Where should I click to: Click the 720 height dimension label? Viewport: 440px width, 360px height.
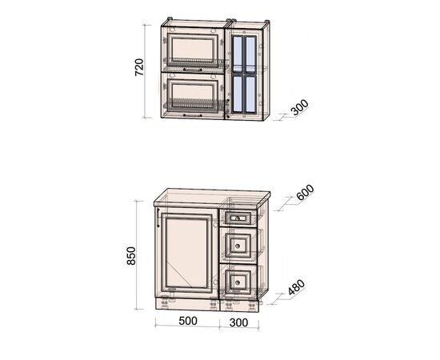(x=139, y=67)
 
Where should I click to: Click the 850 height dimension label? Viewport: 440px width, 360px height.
(x=131, y=256)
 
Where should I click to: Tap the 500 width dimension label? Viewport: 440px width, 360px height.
(x=188, y=321)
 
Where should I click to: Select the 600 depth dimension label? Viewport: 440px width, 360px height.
(x=305, y=192)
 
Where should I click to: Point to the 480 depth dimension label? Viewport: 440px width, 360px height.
(x=296, y=287)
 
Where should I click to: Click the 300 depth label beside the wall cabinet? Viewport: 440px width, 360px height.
(x=300, y=107)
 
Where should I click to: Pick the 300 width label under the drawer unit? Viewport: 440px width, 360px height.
(x=239, y=322)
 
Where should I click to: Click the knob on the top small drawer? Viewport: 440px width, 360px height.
(x=238, y=218)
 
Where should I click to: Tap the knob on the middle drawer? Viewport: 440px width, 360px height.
(x=238, y=246)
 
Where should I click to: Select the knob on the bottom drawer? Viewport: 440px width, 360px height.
(x=238, y=282)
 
